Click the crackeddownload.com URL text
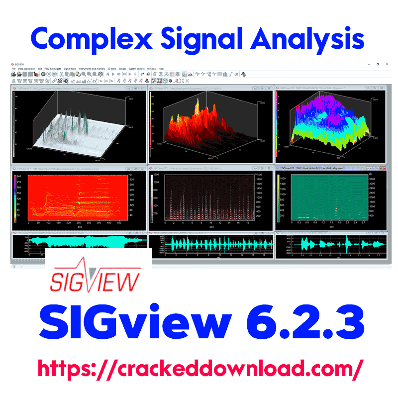point(199,369)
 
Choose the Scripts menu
point(122,68)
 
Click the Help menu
point(161,68)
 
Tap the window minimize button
point(367,64)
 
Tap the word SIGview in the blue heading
point(133,325)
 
